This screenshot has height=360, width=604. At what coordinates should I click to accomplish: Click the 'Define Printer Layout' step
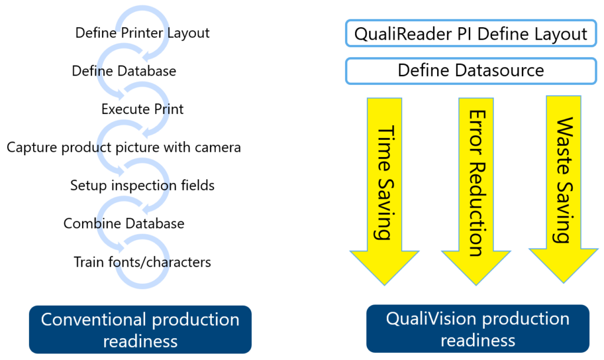point(142,33)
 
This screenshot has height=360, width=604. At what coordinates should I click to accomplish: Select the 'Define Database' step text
point(124,71)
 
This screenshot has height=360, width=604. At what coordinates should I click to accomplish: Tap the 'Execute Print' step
point(142,109)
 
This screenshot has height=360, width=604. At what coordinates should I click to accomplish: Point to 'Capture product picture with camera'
point(124,147)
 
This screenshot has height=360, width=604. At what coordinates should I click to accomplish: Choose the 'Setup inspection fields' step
point(142,185)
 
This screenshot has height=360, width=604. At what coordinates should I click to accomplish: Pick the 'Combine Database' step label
point(124,224)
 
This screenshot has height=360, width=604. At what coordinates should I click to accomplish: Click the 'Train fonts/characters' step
point(142,262)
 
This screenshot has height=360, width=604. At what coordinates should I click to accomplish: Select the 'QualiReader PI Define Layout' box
point(471,34)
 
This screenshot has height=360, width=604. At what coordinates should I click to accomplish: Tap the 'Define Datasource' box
point(471,71)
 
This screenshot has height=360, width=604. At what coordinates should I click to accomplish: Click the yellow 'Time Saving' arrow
point(385,191)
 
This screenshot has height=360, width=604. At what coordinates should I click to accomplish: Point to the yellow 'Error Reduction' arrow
point(476,191)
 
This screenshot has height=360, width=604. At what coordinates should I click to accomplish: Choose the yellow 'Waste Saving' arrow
point(563,189)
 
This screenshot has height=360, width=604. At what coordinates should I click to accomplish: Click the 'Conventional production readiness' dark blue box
point(140,329)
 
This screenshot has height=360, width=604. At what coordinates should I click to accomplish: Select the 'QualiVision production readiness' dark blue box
point(478,329)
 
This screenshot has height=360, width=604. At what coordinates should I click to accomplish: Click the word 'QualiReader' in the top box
point(403,34)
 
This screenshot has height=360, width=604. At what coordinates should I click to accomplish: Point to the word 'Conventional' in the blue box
point(94,319)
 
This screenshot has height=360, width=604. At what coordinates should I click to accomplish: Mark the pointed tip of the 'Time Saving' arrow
point(385,285)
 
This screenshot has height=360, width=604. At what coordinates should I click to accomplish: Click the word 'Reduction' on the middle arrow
point(477,209)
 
